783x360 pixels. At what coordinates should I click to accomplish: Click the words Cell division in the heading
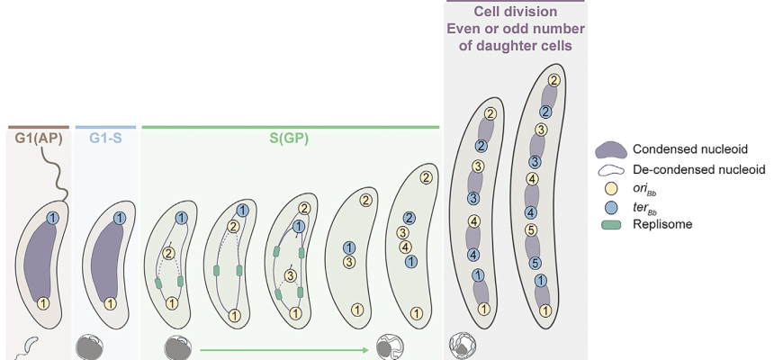[516, 12]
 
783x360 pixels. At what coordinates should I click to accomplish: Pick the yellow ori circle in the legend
[609, 188]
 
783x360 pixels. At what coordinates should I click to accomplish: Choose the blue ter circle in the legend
[609, 206]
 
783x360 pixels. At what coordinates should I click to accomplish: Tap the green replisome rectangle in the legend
[609, 224]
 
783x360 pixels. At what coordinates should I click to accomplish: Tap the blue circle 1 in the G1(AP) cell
[52, 218]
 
